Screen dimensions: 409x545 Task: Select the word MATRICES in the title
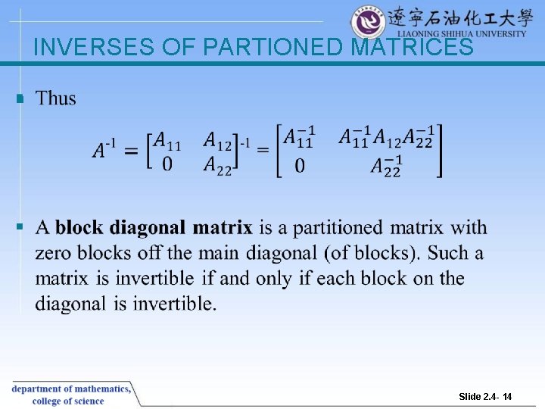tap(413, 48)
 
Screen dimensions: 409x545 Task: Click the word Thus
tap(56, 98)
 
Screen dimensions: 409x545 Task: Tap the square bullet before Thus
tap(20, 98)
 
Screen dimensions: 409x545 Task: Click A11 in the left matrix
tap(167, 140)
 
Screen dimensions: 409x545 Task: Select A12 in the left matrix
tap(218, 140)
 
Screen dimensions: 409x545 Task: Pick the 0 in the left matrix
tap(167, 164)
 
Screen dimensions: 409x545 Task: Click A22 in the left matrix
tap(218, 164)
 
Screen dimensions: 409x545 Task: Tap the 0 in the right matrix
tap(300, 165)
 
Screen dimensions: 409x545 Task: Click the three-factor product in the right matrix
tap(385, 138)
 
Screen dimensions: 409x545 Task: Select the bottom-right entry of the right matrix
tap(386, 165)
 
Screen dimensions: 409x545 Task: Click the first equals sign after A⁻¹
tap(130, 151)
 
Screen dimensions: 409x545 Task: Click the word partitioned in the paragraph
tap(338, 227)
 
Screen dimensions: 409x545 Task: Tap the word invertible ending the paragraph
tap(174, 304)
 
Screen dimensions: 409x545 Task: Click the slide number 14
tap(507, 397)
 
